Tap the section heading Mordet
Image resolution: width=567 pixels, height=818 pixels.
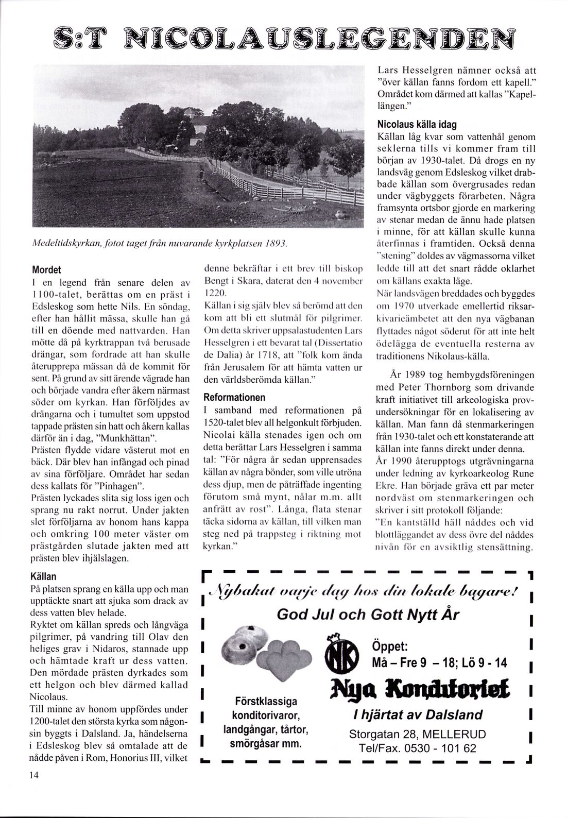tap(47, 269)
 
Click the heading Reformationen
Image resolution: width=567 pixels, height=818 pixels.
tap(234, 398)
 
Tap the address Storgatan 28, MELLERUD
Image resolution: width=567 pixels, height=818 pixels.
tap(417, 734)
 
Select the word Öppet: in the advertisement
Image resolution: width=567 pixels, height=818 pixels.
tap(391, 646)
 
